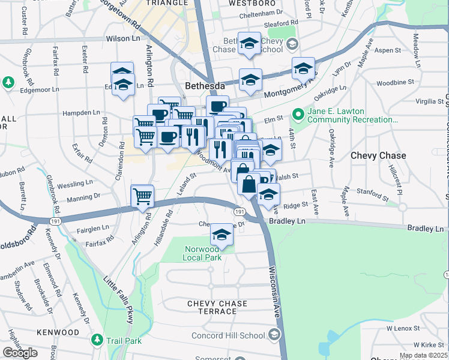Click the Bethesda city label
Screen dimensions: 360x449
(x=204, y=86)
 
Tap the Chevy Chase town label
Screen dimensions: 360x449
(x=378, y=155)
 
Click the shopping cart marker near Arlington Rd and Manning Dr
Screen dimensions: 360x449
(x=143, y=196)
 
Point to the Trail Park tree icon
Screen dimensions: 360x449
(x=97, y=340)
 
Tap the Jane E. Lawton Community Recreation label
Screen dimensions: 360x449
(x=352, y=115)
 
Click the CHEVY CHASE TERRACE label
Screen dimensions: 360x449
(x=217, y=307)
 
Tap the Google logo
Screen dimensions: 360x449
(x=20, y=353)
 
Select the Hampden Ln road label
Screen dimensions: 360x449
(x=80, y=112)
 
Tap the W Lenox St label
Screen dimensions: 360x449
(x=406, y=328)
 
